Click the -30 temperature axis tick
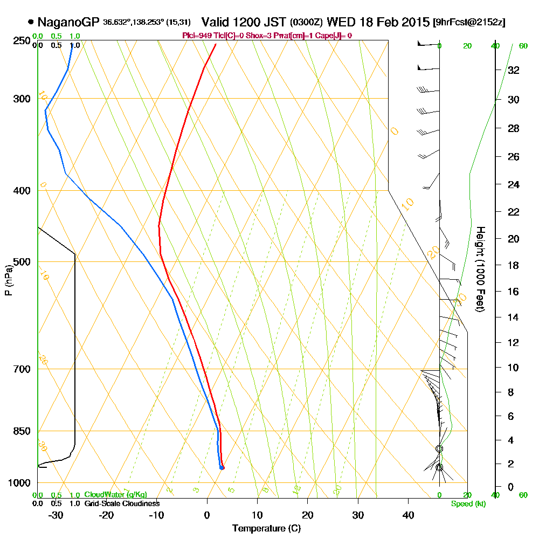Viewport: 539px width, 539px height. [x=56, y=515]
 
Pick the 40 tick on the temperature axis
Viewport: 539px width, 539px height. [x=408, y=515]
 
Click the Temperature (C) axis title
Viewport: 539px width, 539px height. [x=266, y=528]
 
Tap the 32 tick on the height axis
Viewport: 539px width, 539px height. [x=514, y=70]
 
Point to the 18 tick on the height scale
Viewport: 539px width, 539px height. [x=514, y=265]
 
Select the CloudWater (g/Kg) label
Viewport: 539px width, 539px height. [x=115, y=495]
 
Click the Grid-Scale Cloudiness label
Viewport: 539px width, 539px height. [x=122, y=503]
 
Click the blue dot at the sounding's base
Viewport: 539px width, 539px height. [x=222, y=467]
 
